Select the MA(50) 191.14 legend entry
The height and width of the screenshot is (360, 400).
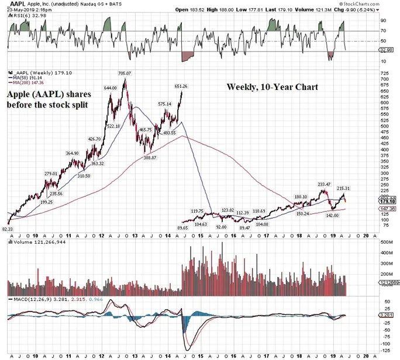point(28,78)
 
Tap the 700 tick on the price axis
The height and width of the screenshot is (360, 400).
point(384,78)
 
